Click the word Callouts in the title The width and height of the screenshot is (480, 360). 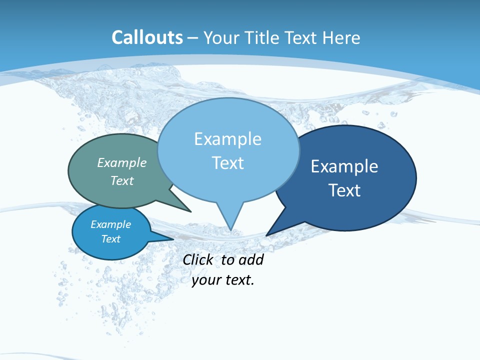(x=147, y=37)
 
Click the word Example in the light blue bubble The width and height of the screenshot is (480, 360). (x=227, y=139)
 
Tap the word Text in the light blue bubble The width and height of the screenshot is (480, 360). (x=227, y=163)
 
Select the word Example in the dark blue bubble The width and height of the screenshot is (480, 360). (x=344, y=166)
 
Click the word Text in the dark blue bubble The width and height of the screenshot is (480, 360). (x=344, y=190)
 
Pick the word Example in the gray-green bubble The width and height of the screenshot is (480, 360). (x=122, y=162)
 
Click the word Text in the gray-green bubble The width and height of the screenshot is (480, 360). (x=122, y=180)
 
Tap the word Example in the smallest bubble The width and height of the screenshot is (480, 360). (x=110, y=224)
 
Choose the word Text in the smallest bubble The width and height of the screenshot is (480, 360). (x=110, y=239)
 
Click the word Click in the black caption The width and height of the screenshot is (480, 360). (x=198, y=259)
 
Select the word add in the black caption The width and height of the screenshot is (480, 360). (x=250, y=259)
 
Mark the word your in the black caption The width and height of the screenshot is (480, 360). (x=206, y=280)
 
